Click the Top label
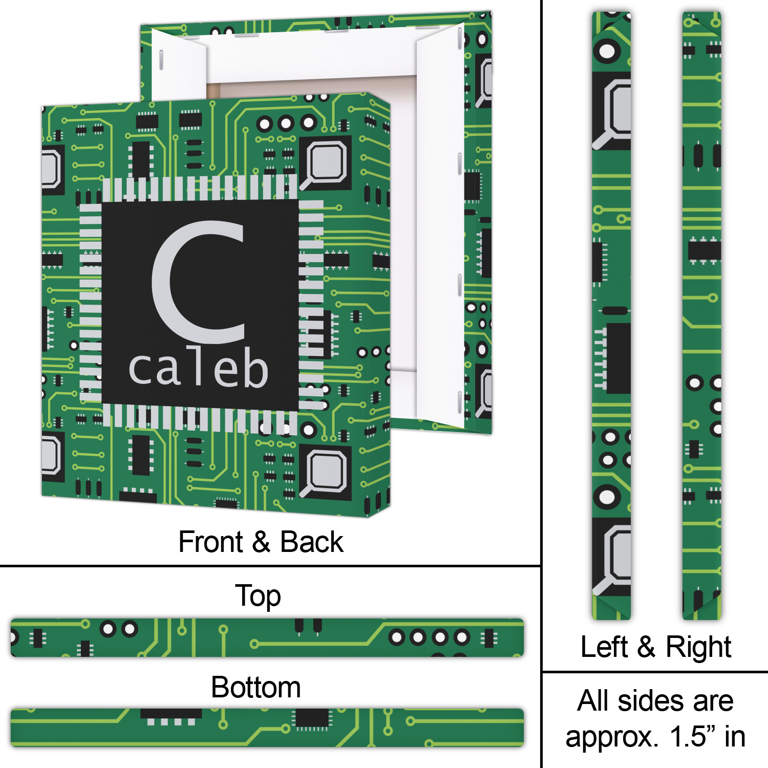pyautogui.click(x=258, y=596)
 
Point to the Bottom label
pyautogui.click(x=255, y=687)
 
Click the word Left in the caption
pyautogui.click(x=604, y=647)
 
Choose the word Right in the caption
pyautogui.click(x=698, y=647)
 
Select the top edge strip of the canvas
pyautogui.click(x=267, y=637)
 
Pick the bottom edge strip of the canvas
pyautogui.click(x=267, y=728)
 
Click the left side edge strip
pyautogui.click(x=611, y=315)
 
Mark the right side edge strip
pyautogui.click(x=701, y=315)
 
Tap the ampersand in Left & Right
pyautogui.click(x=646, y=647)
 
